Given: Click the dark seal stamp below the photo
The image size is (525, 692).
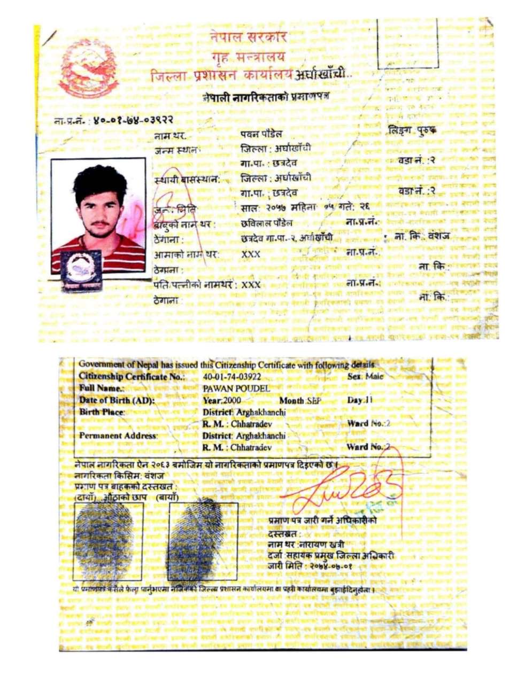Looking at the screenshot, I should pos(81,270).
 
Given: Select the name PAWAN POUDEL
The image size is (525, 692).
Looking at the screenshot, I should pos(236,388).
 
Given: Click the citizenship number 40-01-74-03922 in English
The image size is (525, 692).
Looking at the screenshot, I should pos(232,377).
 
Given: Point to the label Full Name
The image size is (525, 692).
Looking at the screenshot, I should pos(102,388).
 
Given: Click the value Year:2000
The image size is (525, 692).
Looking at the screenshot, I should pos(222,400).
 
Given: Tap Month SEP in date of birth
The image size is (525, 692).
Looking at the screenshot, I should pos(299,401).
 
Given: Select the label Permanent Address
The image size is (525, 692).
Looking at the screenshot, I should pos(118,436).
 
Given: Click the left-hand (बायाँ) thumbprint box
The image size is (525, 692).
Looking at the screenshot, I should pos(203,541).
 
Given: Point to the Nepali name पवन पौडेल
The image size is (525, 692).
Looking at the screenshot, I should pos(261,134).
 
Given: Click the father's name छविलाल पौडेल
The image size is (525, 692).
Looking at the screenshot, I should pos(267,222).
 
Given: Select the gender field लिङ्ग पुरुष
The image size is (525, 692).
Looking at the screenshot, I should pos(412,130).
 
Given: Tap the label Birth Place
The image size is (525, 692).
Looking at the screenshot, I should pos(102,412).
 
